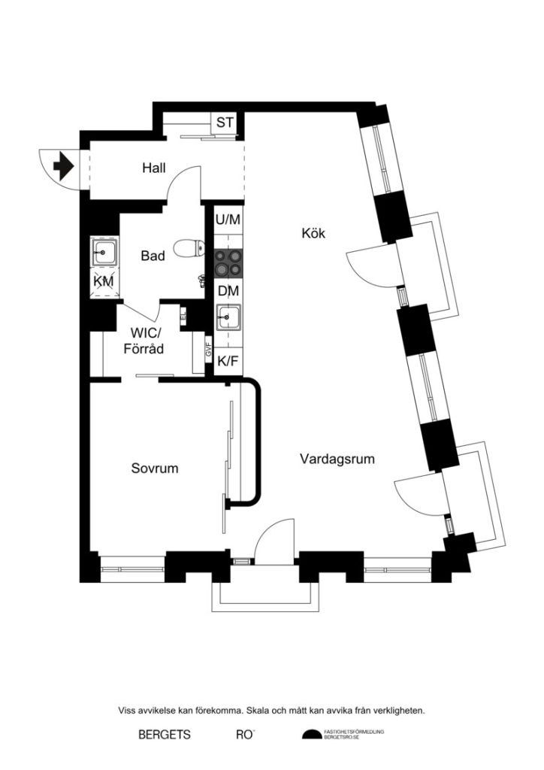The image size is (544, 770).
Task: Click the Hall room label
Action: (154, 168)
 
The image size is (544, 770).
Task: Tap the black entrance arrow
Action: (63, 164)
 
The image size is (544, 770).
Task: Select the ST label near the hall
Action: (224, 123)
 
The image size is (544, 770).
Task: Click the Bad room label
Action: (153, 256)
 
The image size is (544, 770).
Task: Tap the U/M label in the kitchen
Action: (228, 220)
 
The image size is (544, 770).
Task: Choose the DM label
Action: (228, 291)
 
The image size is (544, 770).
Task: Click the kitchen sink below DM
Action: (228, 318)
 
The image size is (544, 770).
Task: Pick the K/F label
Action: (228, 362)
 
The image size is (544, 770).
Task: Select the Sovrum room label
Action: (155, 468)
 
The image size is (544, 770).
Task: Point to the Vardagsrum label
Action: (337, 458)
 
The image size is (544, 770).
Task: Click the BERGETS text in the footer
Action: (165, 735)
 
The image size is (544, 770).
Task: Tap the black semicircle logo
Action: (310, 735)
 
